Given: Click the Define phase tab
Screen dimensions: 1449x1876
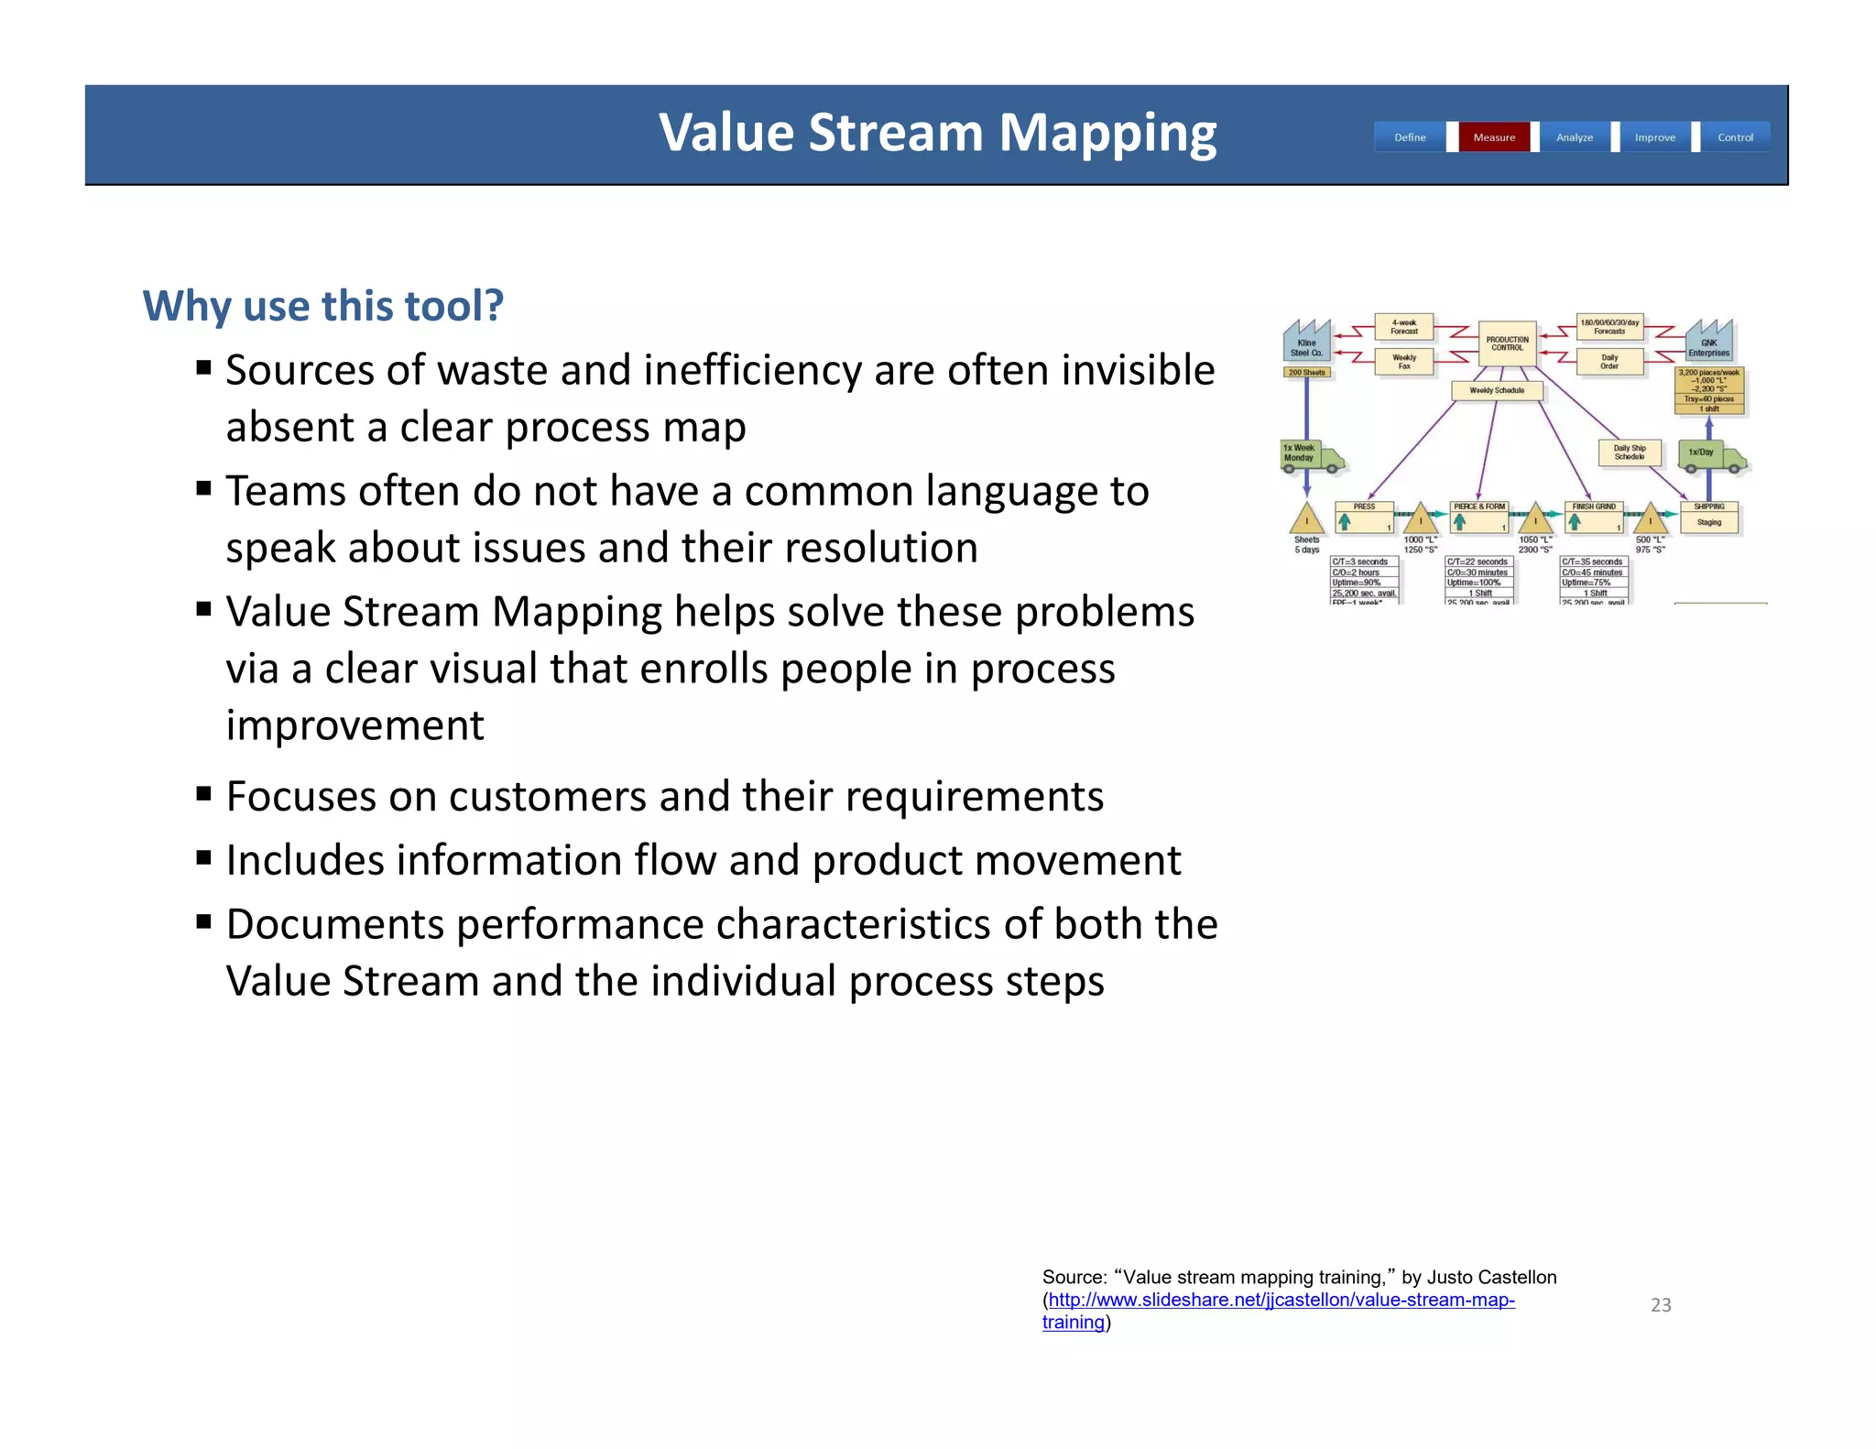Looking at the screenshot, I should pyautogui.click(x=1410, y=137).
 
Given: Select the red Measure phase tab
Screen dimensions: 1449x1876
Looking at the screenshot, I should pyautogui.click(x=1494, y=137).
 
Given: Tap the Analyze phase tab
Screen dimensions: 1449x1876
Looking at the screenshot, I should pyautogui.click(x=1575, y=137).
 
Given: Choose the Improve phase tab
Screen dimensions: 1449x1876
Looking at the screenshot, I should pyautogui.click(x=1654, y=137).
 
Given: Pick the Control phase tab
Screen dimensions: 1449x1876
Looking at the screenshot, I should pyautogui.click(x=1735, y=137).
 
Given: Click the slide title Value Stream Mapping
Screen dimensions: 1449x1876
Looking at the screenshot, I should pyautogui.click(x=937, y=133).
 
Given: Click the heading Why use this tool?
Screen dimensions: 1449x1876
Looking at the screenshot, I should pyautogui.click(x=322, y=306).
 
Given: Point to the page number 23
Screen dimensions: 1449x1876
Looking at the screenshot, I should pyautogui.click(x=1661, y=1305).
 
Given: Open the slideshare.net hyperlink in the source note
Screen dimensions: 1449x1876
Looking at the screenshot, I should pyautogui.click(x=1281, y=1300).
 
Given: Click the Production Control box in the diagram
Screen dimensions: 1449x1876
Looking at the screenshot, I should pyautogui.click(x=1507, y=343).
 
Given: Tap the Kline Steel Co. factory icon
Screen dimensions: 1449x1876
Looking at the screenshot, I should pyautogui.click(x=1306, y=342).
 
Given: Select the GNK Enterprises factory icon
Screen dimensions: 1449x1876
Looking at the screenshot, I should pyautogui.click(x=1709, y=342).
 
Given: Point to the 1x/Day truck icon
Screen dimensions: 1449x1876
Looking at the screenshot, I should pyautogui.click(x=1711, y=455).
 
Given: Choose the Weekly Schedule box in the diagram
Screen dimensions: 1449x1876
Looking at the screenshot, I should pyautogui.click(x=1497, y=391).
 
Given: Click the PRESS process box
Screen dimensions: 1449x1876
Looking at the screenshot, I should pyautogui.click(x=1364, y=517).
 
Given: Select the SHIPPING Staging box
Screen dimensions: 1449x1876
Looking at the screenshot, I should pyautogui.click(x=1709, y=517).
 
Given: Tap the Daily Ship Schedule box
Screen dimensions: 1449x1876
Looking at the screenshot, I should pyautogui.click(x=1630, y=452).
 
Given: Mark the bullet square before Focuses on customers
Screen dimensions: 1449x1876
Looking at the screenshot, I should pyautogui.click(x=203, y=794).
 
